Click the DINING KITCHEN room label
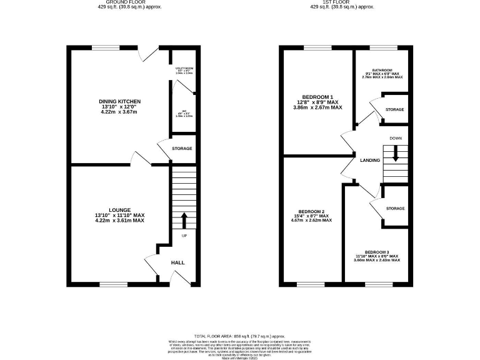(x=119, y=101)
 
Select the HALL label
(x=177, y=263)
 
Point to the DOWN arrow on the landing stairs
(x=395, y=155)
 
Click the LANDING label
(x=370, y=161)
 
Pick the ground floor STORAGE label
(x=182, y=148)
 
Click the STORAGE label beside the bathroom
(x=395, y=109)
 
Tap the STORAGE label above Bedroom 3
(x=395, y=208)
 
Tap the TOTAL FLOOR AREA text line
(x=239, y=336)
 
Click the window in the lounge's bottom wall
(x=112, y=285)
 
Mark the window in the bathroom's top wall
(x=383, y=48)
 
